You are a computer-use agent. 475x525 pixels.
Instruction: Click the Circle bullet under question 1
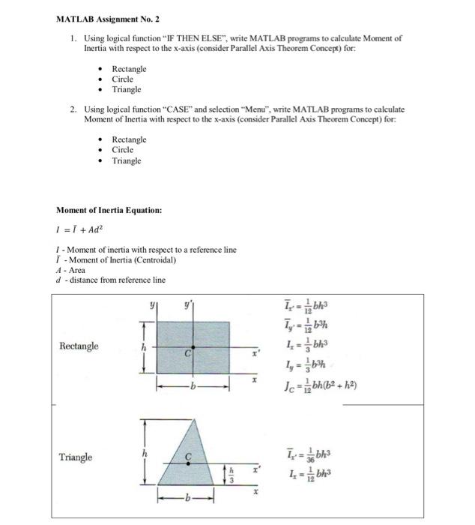click(x=122, y=79)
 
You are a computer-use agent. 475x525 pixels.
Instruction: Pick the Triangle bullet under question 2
click(x=126, y=160)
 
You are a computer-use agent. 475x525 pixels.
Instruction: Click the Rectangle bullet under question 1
click(x=129, y=69)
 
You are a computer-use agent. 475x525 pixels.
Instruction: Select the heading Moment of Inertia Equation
click(x=109, y=210)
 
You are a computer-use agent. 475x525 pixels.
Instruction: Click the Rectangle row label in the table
click(x=79, y=346)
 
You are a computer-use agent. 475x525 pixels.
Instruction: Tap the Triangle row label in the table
click(x=76, y=457)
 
